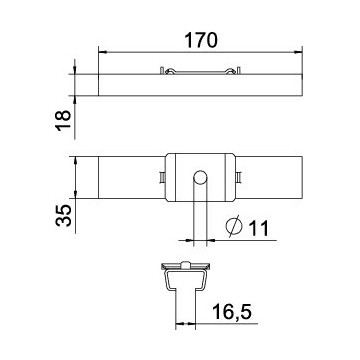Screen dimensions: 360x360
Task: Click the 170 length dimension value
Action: pyautogui.click(x=201, y=40)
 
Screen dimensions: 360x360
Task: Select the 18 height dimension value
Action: pyautogui.click(x=63, y=120)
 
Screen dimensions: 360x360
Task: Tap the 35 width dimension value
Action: pyautogui.click(x=63, y=216)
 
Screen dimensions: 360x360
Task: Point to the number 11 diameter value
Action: pyautogui.click(x=259, y=228)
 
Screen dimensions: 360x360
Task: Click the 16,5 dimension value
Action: pyautogui.click(x=231, y=312)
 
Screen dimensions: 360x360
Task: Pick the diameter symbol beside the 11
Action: pyautogui.click(x=234, y=227)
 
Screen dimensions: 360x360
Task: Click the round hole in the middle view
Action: pyautogui.click(x=200, y=178)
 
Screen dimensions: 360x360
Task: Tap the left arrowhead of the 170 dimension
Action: pyautogui.click(x=102, y=52)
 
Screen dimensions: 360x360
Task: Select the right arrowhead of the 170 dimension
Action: pyautogui.click(x=298, y=52)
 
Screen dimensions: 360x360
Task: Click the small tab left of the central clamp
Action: pyautogui.click(x=162, y=177)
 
